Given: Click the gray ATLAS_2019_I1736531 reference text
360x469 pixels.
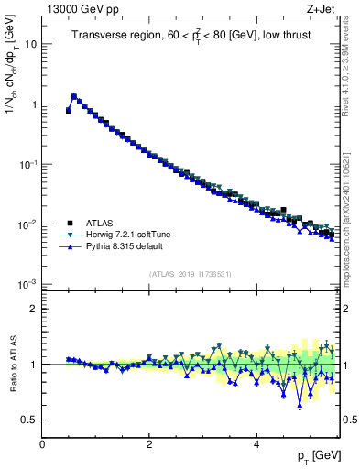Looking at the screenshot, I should (x=191, y=274).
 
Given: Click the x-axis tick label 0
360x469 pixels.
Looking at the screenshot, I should (x=42, y=444).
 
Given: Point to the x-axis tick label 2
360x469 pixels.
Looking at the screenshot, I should (x=149, y=444).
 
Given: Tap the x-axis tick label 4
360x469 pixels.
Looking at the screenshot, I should (x=256, y=444).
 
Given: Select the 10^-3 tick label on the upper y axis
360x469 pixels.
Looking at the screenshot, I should (x=27, y=284).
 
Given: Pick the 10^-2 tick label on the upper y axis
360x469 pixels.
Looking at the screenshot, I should (x=27, y=224).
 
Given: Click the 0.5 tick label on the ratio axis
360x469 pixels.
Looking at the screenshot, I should (x=27, y=420).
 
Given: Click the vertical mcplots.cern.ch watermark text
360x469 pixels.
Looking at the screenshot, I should (x=351, y=229).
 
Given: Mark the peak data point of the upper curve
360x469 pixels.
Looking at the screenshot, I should (x=74, y=95).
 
